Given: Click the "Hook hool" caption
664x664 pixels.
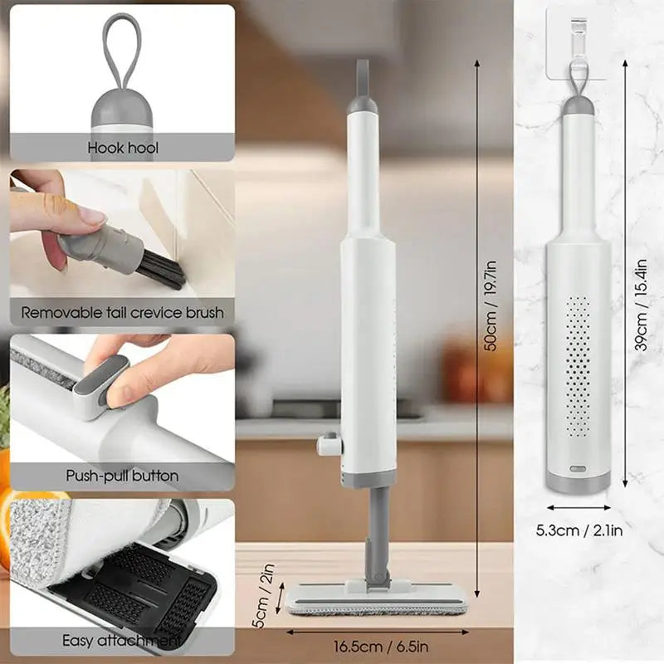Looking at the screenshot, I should pyautogui.click(x=123, y=149).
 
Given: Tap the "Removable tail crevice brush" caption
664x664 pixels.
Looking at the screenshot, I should pyautogui.click(x=122, y=313).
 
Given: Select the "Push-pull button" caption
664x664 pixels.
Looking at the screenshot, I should pyautogui.click(x=122, y=476).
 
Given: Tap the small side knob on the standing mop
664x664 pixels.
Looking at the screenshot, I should pyautogui.click(x=329, y=446).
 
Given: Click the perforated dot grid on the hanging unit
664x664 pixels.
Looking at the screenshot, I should pyautogui.click(x=578, y=365).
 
